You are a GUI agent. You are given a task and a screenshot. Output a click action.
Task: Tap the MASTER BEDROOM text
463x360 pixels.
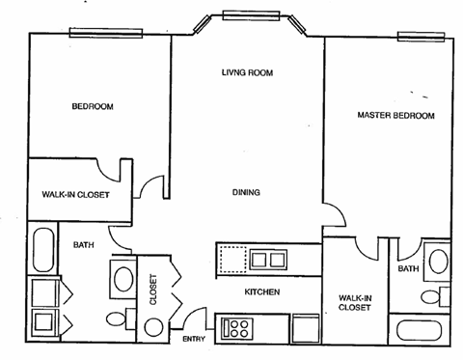click(395, 116)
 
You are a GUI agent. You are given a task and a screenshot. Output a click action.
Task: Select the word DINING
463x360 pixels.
click(246, 192)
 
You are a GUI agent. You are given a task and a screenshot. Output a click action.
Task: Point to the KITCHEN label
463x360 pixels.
click(261, 291)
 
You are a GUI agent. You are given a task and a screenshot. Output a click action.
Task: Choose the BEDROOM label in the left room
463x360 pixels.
click(94, 106)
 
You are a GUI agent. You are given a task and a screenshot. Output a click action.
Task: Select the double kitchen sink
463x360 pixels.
click(267, 259)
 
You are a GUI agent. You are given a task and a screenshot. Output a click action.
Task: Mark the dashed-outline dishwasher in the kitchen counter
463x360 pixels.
click(232, 259)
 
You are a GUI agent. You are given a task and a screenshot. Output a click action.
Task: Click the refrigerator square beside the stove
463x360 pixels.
click(306, 328)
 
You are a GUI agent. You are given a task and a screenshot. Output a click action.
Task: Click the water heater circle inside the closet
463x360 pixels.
click(154, 326)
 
